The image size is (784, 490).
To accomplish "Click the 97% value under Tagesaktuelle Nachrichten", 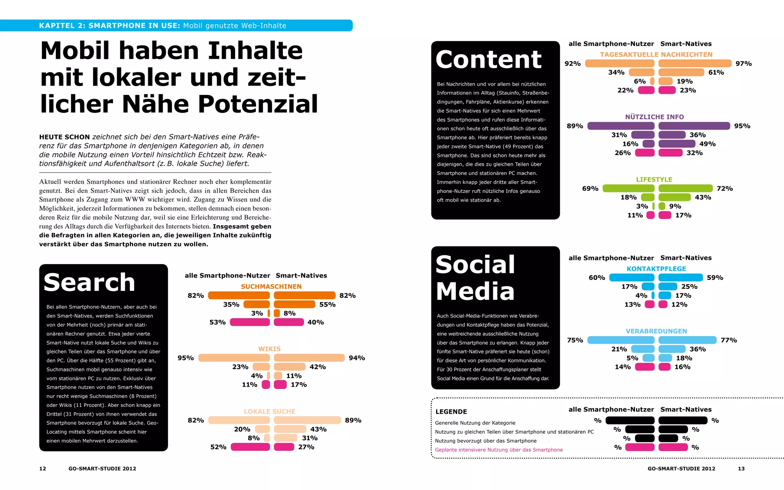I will pyautogui.click(x=743, y=64).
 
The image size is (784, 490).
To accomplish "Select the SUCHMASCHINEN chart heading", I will pyautogui.click(x=271, y=286).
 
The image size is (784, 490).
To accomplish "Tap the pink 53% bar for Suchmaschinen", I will pyautogui.click(x=250, y=322).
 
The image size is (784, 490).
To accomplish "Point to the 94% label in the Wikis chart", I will pyautogui.click(x=356, y=358).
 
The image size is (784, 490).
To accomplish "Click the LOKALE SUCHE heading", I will pyautogui.click(x=269, y=412).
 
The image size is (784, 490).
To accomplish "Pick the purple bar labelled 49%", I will pyautogui.click(x=676, y=144).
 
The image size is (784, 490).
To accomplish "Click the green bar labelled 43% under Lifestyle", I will pyautogui.click(x=675, y=198).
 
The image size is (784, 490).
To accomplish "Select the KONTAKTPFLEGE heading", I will pyautogui.click(x=656, y=269).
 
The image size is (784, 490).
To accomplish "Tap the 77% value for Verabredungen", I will pyautogui.click(x=728, y=340).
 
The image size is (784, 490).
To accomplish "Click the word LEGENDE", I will pyautogui.click(x=451, y=412).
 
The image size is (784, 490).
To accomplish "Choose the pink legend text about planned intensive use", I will pyautogui.click(x=498, y=450).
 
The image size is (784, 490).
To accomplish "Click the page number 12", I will pyautogui.click(x=42, y=469).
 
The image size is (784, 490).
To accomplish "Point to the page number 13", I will pyautogui.click(x=741, y=469).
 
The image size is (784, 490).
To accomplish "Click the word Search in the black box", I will pyautogui.click(x=89, y=283).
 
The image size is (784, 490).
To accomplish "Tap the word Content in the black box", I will pyautogui.click(x=488, y=60).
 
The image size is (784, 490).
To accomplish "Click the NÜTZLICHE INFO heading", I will pyautogui.click(x=654, y=117).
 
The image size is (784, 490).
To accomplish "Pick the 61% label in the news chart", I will pyautogui.click(x=716, y=72).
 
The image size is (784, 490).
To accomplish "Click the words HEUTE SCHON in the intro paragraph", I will pyautogui.click(x=64, y=137).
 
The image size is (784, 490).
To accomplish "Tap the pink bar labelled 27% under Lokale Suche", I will pyautogui.click(x=284, y=447).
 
